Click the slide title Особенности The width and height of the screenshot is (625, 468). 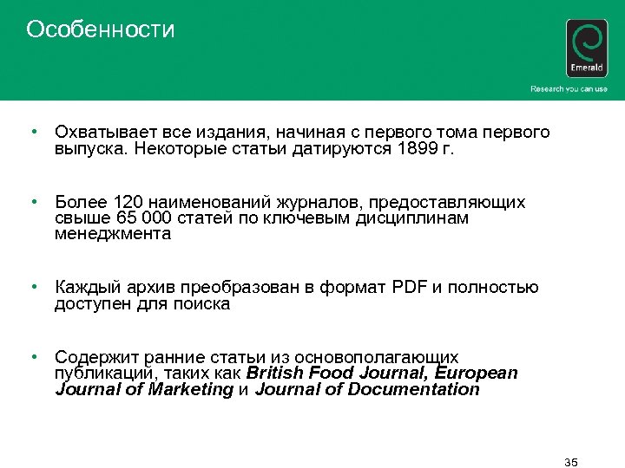pos(101,30)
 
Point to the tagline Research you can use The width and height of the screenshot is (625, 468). pos(569,89)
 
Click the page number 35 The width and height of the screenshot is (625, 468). pos(570,461)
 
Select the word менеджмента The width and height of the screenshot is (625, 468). pos(113,234)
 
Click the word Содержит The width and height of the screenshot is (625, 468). pos(92,357)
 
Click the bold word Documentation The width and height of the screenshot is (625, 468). pos(413,390)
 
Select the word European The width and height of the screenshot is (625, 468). pos(477,374)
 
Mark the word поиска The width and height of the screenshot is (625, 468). pos(201,303)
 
